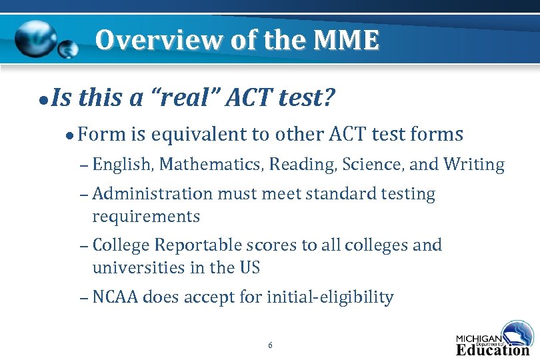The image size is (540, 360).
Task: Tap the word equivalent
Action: pos(197,135)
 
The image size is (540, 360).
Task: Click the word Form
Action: pos(101,135)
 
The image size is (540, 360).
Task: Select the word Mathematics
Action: pos(211,164)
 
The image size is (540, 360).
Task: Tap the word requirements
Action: pos(146,217)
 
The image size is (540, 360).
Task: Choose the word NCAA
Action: pos(115,297)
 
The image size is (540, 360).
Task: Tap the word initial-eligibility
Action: pos(330,297)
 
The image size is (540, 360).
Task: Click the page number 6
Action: pos(270,345)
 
